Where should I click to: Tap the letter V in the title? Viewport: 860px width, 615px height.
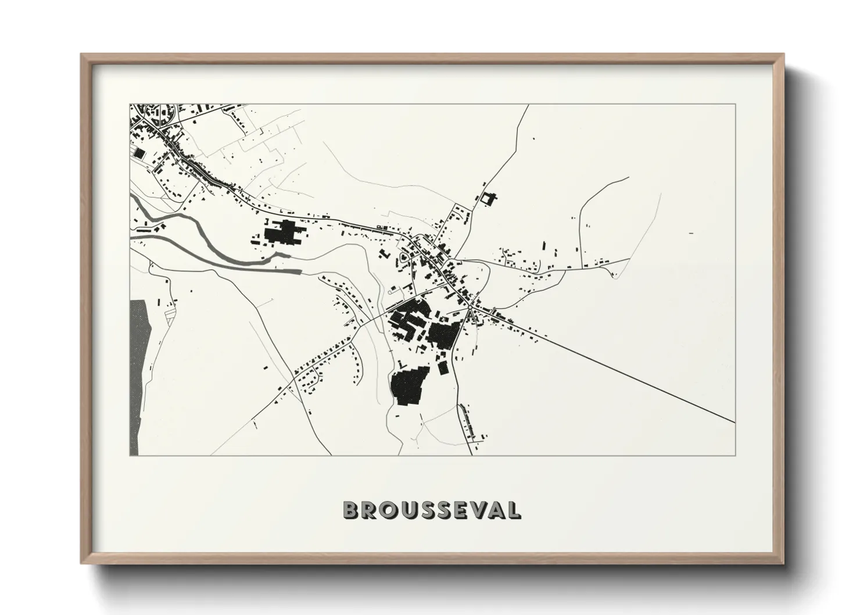click(476, 510)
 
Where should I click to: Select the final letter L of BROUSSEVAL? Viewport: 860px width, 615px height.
click(514, 510)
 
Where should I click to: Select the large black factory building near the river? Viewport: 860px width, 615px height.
click(282, 234)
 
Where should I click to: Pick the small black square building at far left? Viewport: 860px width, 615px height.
click(138, 153)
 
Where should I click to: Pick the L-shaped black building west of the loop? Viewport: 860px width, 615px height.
click(384, 254)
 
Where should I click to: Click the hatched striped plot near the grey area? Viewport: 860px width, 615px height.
click(170, 316)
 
